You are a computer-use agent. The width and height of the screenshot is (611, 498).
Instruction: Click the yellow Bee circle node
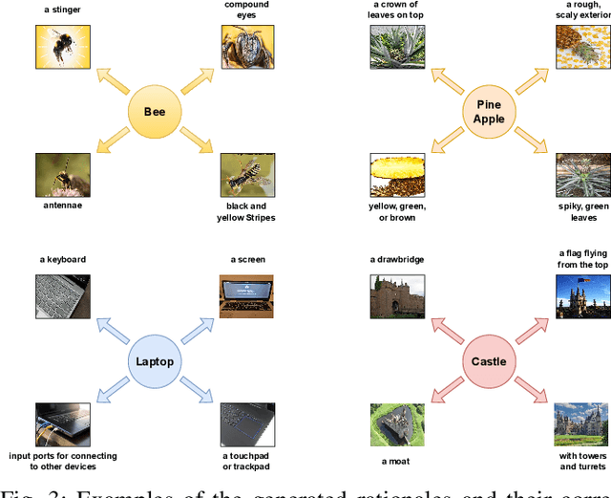(x=154, y=112)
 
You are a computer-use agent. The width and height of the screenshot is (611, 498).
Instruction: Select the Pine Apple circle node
(x=488, y=112)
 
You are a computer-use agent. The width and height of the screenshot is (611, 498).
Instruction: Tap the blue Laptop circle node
(x=154, y=362)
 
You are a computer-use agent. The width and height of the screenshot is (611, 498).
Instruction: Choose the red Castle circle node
(x=488, y=362)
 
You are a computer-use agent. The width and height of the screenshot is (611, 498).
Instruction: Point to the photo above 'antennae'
(x=63, y=174)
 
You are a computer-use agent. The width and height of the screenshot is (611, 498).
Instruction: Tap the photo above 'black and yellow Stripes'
(x=247, y=174)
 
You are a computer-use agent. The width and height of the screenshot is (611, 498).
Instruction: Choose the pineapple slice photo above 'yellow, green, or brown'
(x=397, y=174)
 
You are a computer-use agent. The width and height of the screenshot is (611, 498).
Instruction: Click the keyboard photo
(x=63, y=297)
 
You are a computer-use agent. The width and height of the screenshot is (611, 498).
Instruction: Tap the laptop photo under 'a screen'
(x=247, y=297)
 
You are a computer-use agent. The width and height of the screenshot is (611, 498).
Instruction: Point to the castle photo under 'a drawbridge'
(x=397, y=297)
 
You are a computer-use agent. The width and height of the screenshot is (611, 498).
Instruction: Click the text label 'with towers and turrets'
(x=580, y=462)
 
